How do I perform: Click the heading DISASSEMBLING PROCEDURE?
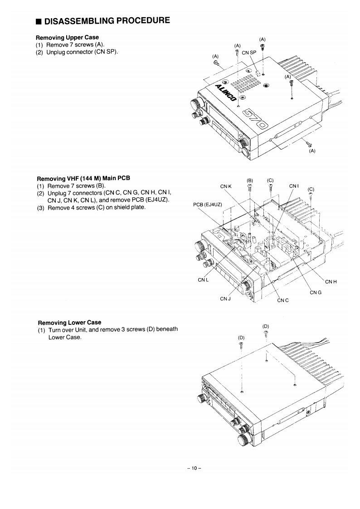coord(107,20)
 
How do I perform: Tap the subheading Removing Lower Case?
coord(69,323)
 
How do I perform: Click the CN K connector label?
coord(226,186)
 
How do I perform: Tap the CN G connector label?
coord(316,293)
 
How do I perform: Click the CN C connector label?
coord(283,300)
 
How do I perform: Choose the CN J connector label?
coord(225,298)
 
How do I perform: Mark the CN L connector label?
coord(203,280)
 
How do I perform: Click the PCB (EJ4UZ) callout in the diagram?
coord(207,204)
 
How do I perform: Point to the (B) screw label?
coord(249,178)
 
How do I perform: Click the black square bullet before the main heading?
coord(39,21)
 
